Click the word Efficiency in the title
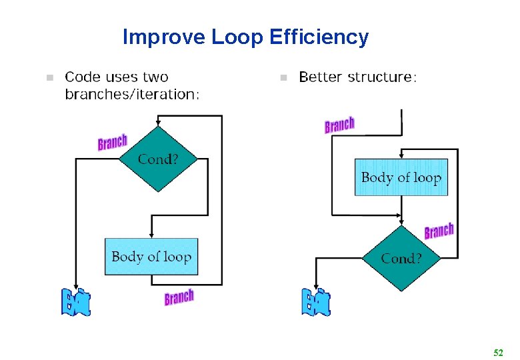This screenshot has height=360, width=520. pos(319,37)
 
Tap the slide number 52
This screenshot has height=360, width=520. pos(497,351)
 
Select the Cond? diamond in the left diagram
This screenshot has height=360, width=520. pos(157,159)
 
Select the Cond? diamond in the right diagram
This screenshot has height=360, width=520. pos(401,258)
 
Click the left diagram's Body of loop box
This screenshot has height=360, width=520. pos(151,257)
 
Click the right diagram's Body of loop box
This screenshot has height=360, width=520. pos(401,177)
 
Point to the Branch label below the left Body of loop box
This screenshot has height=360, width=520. pos(179,297)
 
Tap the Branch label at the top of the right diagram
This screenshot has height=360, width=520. pos(339,125)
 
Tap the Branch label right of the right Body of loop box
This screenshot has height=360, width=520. pos(439,231)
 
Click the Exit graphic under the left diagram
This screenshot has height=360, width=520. pos(75,303)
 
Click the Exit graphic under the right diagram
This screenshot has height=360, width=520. pos(315,302)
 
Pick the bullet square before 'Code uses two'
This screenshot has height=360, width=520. pos(47,78)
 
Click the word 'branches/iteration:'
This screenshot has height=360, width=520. pos(132,94)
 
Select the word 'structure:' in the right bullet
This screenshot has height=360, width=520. pos(384,77)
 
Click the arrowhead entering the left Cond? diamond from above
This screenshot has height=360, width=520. pos(157,123)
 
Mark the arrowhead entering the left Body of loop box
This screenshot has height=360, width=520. pos(152,235)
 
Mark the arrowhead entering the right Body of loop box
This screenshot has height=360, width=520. pos(401,155)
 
